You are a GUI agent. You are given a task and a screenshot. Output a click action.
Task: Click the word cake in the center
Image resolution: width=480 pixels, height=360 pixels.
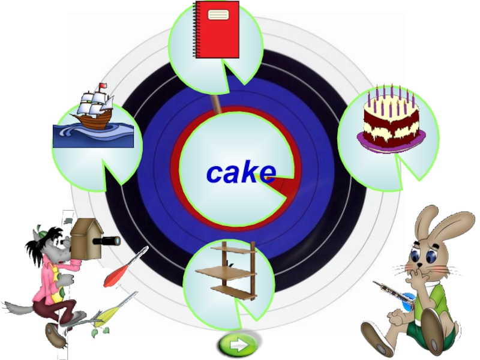click(x=241, y=173)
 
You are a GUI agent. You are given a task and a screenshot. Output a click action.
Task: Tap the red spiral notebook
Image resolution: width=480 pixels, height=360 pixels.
click(x=217, y=30)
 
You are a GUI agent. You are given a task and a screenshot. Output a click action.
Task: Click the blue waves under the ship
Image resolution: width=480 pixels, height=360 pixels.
click(x=93, y=136)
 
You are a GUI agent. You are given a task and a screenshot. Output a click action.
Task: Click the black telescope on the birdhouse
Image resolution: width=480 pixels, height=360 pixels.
click(x=108, y=241)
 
